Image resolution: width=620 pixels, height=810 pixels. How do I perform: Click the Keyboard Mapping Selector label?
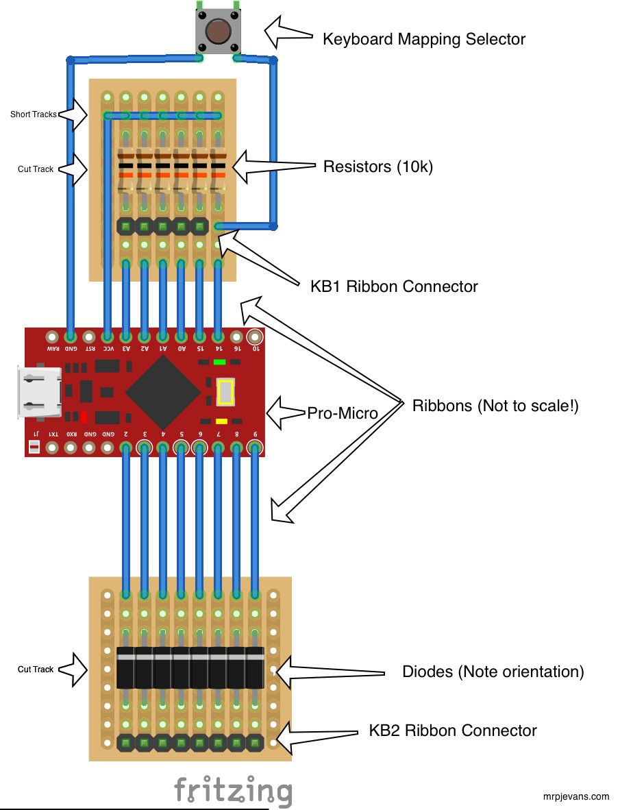[x=423, y=39]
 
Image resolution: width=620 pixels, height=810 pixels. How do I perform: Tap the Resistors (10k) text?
[x=377, y=167]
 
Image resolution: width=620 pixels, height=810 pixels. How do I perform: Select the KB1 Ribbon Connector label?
[x=394, y=286]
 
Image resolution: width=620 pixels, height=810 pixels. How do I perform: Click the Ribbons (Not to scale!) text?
[x=495, y=406]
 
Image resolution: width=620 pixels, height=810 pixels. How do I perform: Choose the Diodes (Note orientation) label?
[x=493, y=672]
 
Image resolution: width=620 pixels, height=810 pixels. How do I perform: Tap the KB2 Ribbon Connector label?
[x=452, y=731]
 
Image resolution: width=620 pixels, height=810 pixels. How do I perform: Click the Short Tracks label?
[x=33, y=114]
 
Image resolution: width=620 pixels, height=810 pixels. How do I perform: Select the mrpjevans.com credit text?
[x=575, y=796]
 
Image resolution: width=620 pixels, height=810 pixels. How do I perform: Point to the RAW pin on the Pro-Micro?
[x=52, y=337]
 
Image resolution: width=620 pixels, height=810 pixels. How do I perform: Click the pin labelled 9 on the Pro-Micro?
[x=254, y=448]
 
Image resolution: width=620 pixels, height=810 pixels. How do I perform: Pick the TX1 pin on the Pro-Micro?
[x=52, y=448]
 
